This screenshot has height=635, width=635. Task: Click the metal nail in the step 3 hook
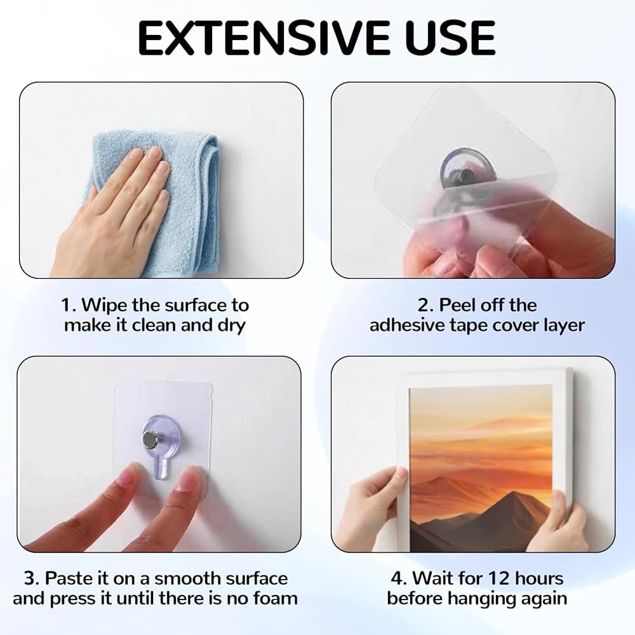click(x=150, y=440)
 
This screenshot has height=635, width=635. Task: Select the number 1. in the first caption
click(x=69, y=305)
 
